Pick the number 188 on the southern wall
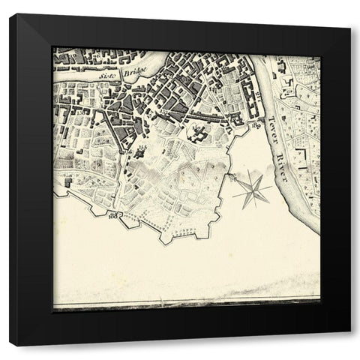click(x=115, y=216)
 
